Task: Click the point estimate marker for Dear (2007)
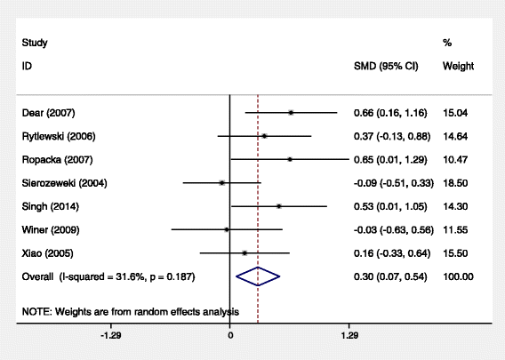click(291, 113)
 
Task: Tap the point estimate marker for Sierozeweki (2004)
click(221, 182)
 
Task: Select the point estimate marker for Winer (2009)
click(227, 229)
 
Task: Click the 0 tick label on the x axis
click(230, 338)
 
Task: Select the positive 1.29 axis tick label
click(349, 338)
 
